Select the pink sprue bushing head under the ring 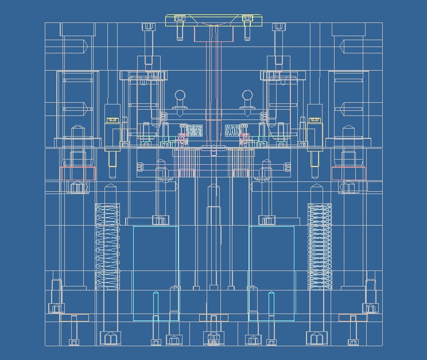(214, 34)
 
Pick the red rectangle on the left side (77, 173)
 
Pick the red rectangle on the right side (348, 173)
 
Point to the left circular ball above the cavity (180, 95)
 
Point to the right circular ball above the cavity (247, 95)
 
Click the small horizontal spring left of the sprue (195, 131)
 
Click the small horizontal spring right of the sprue (232, 131)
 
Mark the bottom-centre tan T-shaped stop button (214, 318)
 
